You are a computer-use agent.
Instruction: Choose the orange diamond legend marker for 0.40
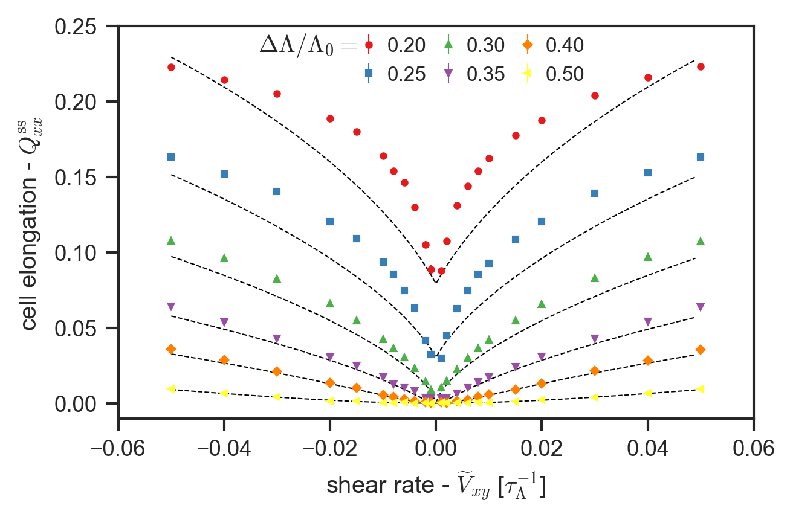pos(527,45)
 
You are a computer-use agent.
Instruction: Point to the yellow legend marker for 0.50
pos(527,74)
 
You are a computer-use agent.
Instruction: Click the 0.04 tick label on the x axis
pos(647,448)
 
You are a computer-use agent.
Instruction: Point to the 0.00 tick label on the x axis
pos(435,448)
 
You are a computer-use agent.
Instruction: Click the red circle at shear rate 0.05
pos(701,66)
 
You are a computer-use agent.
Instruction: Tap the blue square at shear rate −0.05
pos(171,157)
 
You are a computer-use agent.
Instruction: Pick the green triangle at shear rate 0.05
pos(701,241)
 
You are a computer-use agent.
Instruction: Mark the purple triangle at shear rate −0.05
pos(171,307)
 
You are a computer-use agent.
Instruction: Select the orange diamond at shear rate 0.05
pos(701,350)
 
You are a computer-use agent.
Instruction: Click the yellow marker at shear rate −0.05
pos(171,389)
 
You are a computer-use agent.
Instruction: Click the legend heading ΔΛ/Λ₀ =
pos(308,45)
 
